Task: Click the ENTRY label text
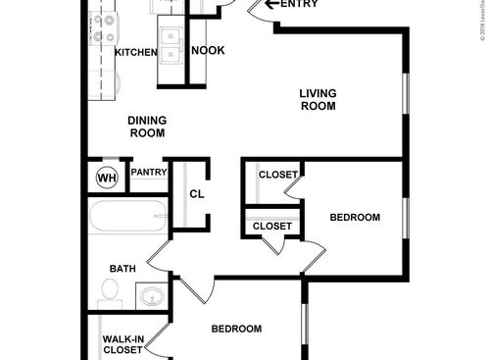pos(302,5)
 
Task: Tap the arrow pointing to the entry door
pos(269,5)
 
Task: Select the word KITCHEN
pos(135,52)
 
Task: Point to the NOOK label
pos(206,51)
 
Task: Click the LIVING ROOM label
pos(318,100)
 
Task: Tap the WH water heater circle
pos(107,179)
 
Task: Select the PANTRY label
pos(148,173)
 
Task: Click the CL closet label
pos(196,194)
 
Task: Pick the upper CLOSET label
pos(278,175)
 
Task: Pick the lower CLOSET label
pos(272,227)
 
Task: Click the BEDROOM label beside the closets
pos(354,217)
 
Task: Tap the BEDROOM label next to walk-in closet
pos(237,329)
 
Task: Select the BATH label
pos(122,268)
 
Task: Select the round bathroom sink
pos(150,295)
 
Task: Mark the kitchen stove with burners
pos(103,28)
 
